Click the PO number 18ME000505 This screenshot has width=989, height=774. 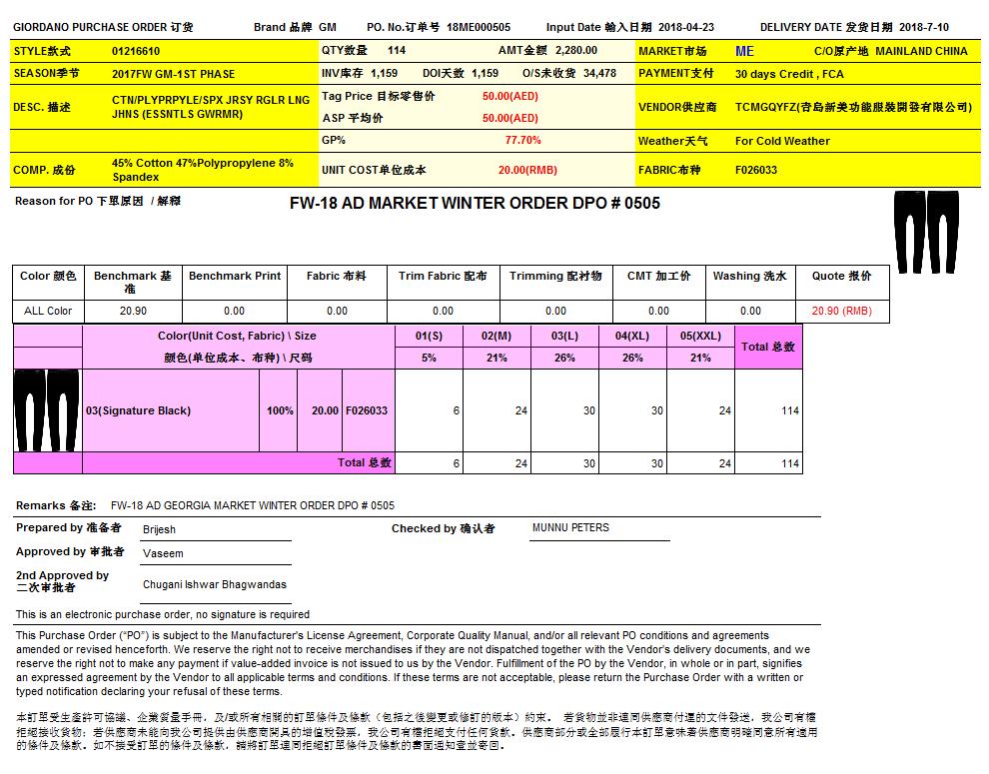(479, 28)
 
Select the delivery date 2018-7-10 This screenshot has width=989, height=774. (924, 28)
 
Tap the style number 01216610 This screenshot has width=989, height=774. (136, 51)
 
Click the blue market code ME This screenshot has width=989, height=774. (744, 51)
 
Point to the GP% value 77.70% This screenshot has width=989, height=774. (523, 141)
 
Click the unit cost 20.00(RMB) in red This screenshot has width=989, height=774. (527, 170)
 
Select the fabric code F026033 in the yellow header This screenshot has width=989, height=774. (756, 170)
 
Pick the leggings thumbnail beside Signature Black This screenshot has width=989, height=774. (47, 410)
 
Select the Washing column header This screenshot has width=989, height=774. (749, 276)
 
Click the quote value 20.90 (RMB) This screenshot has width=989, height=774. (841, 311)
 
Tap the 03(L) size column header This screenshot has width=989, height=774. (564, 337)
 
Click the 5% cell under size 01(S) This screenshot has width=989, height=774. (429, 358)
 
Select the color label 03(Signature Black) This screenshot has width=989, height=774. (138, 410)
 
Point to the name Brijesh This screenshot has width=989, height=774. (158, 528)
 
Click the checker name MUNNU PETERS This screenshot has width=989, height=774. (570, 527)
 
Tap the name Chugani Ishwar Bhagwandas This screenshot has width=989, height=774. (214, 584)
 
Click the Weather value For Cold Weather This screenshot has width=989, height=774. (782, 141)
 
